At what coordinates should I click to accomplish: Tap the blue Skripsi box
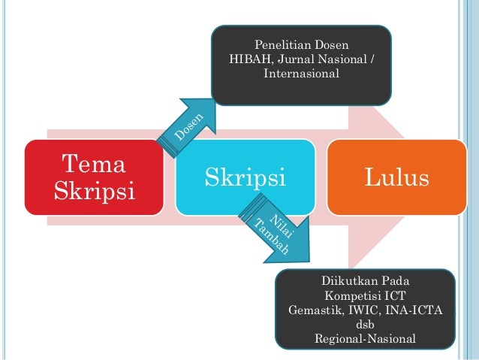click(245, 177)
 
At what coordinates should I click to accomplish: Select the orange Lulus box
click(396, 177)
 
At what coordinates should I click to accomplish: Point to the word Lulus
click(396, 178)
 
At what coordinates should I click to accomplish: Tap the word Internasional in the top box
click(302, 74)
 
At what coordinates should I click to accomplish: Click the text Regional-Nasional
click(365, 339)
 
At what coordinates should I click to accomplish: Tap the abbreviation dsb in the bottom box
click(365, 325)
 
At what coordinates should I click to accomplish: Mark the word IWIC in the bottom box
click(369, 310)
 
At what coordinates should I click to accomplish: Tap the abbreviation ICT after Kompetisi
click(395, 296)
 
